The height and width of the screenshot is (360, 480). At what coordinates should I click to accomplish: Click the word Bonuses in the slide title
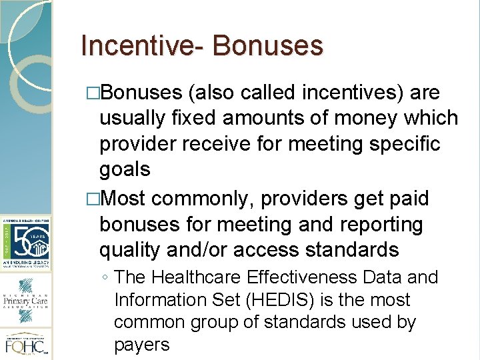click(x=268, y=45)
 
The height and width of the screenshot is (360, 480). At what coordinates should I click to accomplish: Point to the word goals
click(x=125, y=169)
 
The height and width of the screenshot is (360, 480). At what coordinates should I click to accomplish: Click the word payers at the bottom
click(x=142, y=345)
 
